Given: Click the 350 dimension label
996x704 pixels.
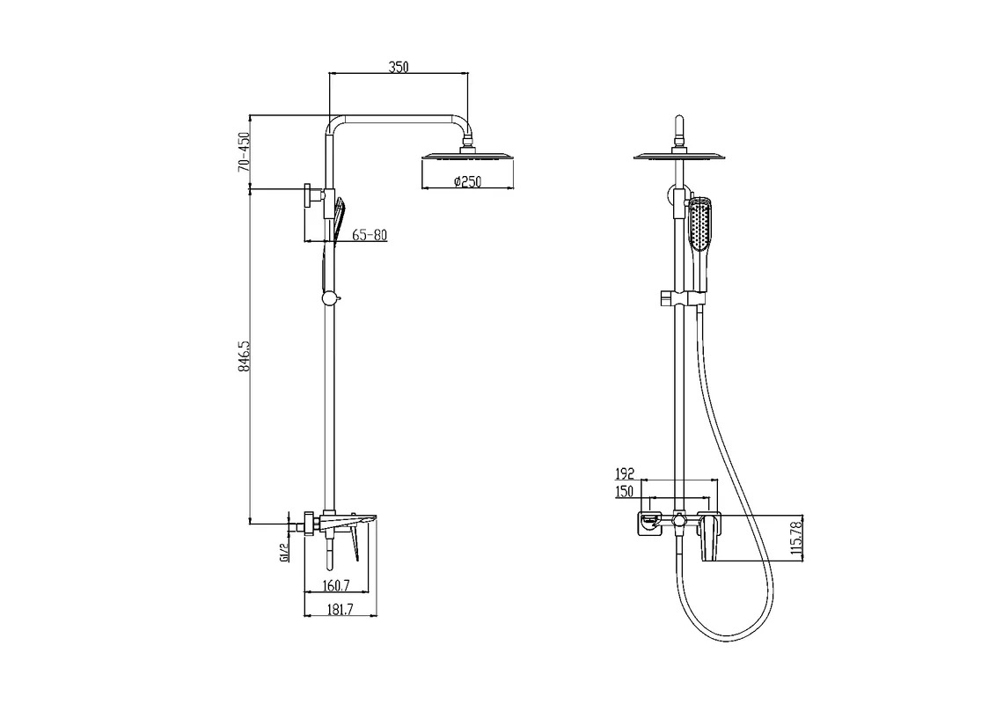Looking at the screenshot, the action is [399, 67].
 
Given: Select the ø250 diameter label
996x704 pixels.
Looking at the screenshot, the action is [467, 181].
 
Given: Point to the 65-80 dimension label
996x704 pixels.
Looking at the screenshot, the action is [370, 235].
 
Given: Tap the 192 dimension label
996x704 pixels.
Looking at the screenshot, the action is [625, 473].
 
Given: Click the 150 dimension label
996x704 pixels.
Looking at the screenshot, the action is [625, 491].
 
